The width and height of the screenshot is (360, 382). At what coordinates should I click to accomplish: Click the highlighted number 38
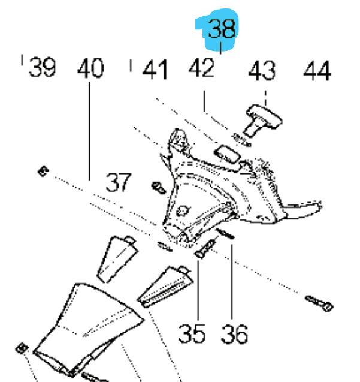[220, 29]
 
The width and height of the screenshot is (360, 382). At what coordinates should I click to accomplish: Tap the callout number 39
[42, 67]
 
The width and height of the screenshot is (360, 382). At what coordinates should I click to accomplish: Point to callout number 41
[155, 70]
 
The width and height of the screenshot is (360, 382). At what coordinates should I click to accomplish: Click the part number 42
[202, 68]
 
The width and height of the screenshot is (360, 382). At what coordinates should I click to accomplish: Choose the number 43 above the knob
[262, 71]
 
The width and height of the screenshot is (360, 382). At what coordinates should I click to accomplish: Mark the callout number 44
[316, 71]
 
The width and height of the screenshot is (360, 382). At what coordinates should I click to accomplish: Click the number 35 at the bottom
[192, 333]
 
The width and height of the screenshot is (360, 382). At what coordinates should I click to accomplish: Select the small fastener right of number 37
[158, 187]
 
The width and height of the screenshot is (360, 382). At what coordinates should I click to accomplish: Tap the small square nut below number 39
[42, 172]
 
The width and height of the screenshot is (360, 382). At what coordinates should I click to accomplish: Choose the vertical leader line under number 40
[90, 132]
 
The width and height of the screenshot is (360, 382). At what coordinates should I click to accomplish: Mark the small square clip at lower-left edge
[23, 348]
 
